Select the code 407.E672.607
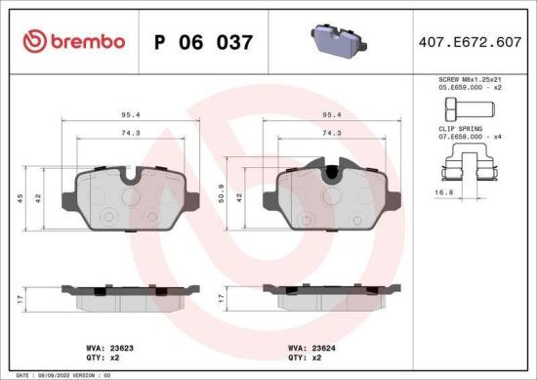(x=469, y=42)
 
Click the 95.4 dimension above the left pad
(x=129, y=113)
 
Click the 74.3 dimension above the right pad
(x=331, y=132)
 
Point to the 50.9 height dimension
(x=224, y=194)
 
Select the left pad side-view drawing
(x=129, y=296)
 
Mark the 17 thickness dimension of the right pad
(x=224, y=299)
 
